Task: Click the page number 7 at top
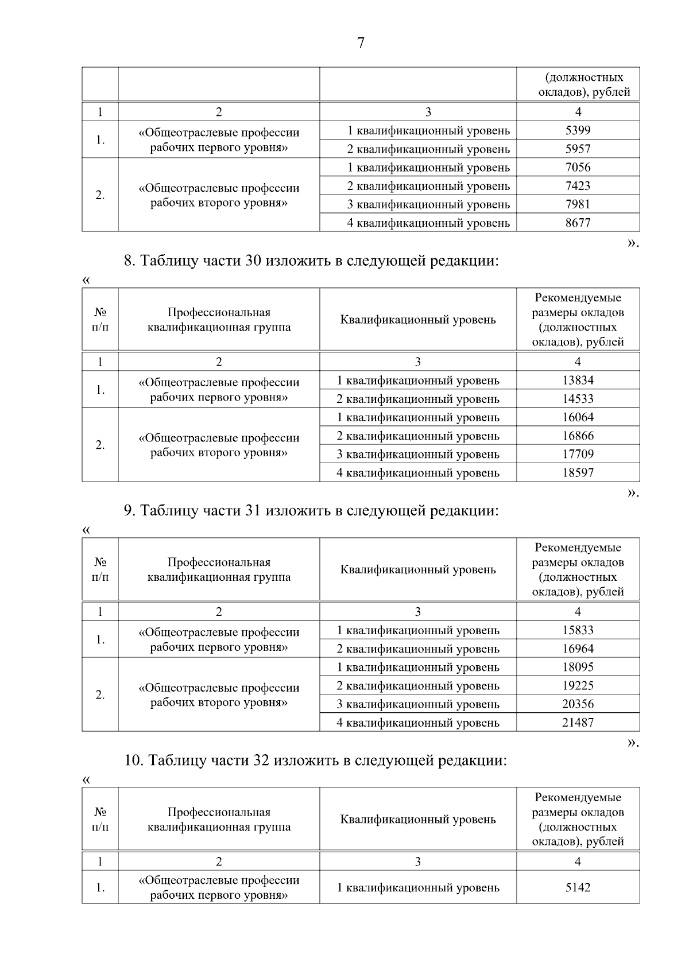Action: (361, 43)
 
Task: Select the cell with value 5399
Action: (578, 130)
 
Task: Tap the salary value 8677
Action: (578, 223)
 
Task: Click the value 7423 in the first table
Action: (578, 186)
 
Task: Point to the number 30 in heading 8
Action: (253, 261)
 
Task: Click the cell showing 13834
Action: (578, 380)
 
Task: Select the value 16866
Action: (578, 436)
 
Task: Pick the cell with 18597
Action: (578, 473)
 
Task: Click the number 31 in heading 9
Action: (253, 511)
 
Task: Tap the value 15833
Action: (578, 630)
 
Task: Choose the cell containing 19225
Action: (578, 686)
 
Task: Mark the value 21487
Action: (578, 723)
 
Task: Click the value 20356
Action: (578, 704)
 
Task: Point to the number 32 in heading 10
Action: (261, 760)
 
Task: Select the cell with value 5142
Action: (578, 887)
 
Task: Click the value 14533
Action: (578, 399)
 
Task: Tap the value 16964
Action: (578, 649)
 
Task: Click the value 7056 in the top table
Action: (578, 168)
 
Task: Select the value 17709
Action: (578, 454)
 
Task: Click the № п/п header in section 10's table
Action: (100, 819)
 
